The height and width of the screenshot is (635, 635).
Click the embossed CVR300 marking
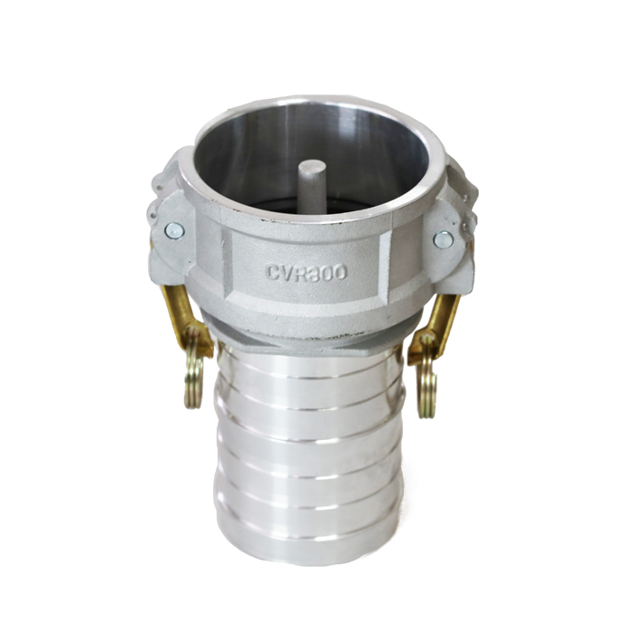307,272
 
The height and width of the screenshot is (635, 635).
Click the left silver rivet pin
174,230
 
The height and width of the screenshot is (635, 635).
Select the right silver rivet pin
443,239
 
